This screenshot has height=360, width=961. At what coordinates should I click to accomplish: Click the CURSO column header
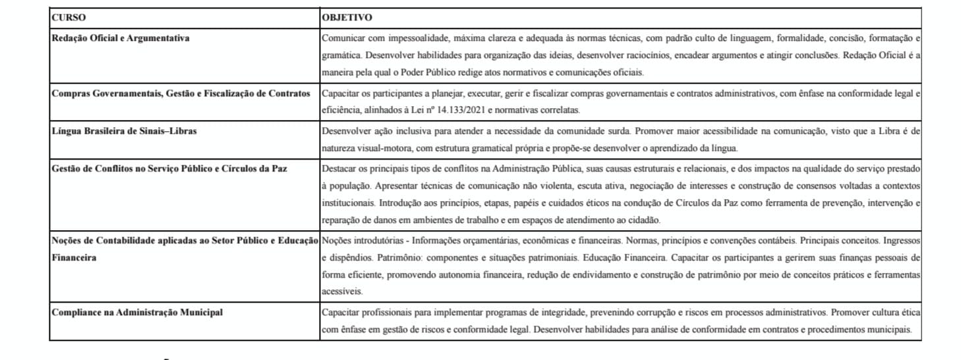click(68, 18)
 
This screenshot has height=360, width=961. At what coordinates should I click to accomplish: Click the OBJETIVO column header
click(347, 18)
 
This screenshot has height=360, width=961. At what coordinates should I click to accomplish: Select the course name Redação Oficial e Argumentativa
click(121, 38)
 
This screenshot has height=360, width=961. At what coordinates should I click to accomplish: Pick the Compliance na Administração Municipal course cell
click(137, 312)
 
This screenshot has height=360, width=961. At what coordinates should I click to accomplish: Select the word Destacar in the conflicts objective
click(339, 168)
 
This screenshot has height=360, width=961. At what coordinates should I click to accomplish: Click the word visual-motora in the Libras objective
click(384, 147)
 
